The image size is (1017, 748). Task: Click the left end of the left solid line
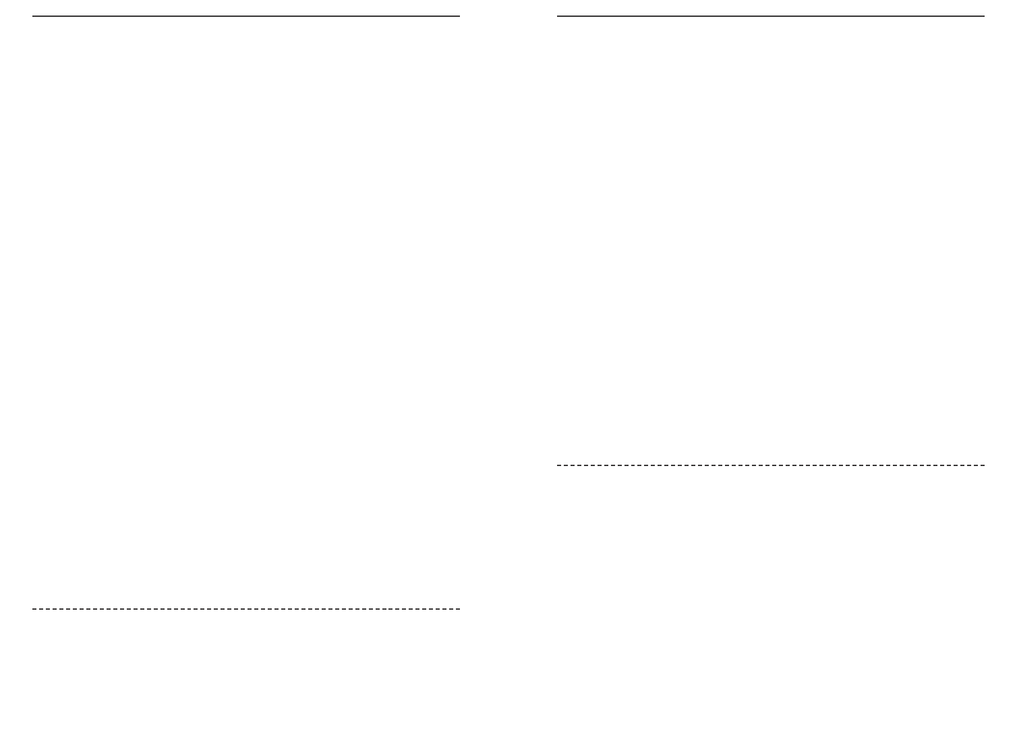pyautogui.click(x=34, y=16)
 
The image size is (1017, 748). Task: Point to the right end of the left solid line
pyautogui.click(x=459, y=16)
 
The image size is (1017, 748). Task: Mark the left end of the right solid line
pyautogui.click(x=558, y=16)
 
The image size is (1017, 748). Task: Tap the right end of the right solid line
pyautogui.click(x=983, y=16)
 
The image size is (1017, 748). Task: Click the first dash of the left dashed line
pyautogui.click(x=35, y=609)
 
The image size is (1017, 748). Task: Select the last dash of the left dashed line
pyautogui.click(x=457, y=609)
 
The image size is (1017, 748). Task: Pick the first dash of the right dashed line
pyautogui.click(x=560, y=465)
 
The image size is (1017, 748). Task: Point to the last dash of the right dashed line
pyautogui.click(x=982, y=465)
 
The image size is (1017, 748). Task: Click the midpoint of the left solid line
pyautogui.click(x=246, y=16)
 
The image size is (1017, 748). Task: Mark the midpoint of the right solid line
pyautogui.click(x=771, y=16)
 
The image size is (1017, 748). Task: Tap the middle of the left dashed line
pyautogui.click(x=246, y=609)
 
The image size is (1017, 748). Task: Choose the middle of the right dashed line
pyautogui.click(x=771, y=465)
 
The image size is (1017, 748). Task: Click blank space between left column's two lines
pyautogui.click(x=246, y=310)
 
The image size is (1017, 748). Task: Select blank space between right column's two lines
pyautogui.click(x=771, y=236)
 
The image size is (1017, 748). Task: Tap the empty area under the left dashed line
pyautogui.click(x=246, y=674)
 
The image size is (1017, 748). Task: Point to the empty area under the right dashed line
pyautogui.click(x=771, y=607)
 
